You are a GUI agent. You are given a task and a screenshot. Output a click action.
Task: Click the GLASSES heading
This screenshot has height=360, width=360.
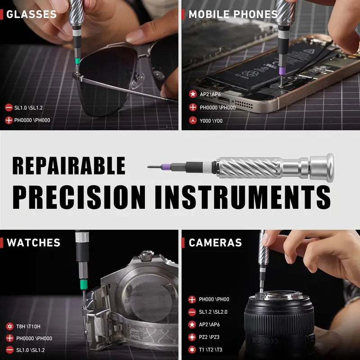tap(31, 14)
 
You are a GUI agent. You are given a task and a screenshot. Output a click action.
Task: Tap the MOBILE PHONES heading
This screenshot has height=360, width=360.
tap(233, 14)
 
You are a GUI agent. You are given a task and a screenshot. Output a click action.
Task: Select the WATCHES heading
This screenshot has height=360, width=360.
tap(33, 243)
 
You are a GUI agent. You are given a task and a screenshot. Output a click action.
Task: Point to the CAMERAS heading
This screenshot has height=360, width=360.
tap(215, 243)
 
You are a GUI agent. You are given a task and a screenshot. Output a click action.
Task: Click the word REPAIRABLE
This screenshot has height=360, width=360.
tap(69, 166)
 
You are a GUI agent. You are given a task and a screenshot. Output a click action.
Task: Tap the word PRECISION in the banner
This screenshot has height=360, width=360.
tap(79, 196)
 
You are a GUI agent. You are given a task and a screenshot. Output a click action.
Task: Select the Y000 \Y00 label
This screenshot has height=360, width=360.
tap(211, 121)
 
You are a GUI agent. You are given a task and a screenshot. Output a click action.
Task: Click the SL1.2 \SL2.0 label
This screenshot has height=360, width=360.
tap(213, 312)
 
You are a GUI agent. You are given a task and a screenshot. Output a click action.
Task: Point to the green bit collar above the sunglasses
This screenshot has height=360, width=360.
tap(78, 60)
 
